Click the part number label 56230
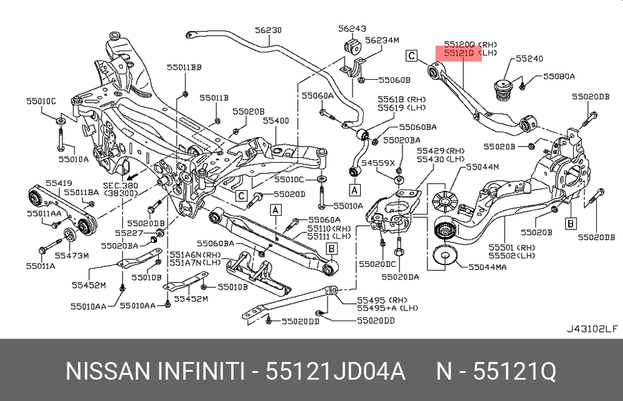click(269, 29)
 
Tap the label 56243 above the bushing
click(352, 29)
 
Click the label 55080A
click(558, 76)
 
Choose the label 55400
click(275, 120)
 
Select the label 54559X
click(379, 163)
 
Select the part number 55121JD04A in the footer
click(336, 372)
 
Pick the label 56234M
click(382, 40)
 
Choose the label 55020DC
click(373, 264)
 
